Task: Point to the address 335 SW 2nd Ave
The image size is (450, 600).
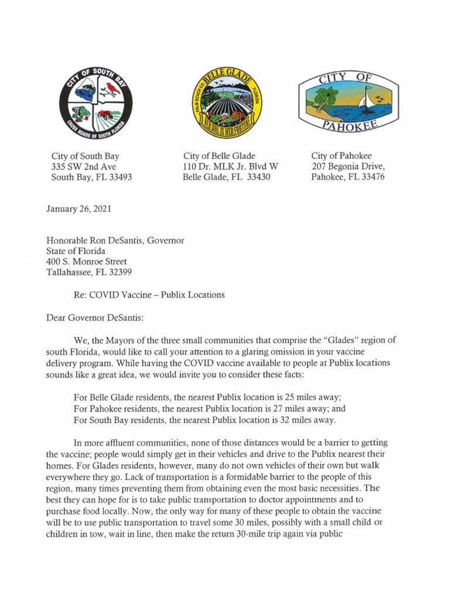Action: [84, 167]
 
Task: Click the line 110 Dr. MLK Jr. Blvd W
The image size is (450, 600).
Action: [230, 167]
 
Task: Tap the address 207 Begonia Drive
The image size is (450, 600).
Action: [348, 166]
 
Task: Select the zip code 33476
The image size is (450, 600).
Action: [373, 177]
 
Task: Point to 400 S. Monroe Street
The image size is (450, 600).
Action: [86, 262]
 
